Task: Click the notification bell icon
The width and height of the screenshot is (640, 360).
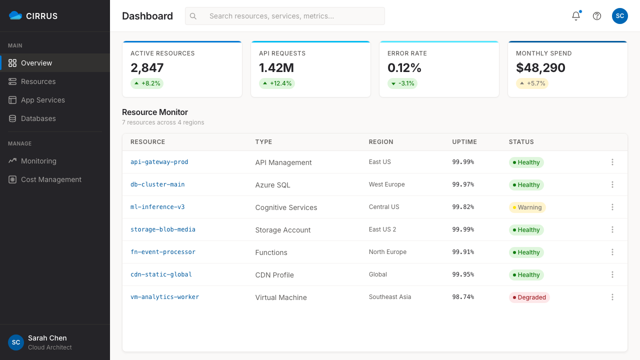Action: tap(576, 16)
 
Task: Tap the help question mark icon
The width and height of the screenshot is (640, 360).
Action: tap(597, 16)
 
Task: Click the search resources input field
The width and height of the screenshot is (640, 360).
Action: tap(285, 16)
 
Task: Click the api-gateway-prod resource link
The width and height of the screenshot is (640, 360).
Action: tap(159, 162)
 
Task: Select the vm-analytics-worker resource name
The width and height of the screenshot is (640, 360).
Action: tap(164, 297)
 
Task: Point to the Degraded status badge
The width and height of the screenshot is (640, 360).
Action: tap(529, 297)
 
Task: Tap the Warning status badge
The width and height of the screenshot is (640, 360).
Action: tap(527, 207)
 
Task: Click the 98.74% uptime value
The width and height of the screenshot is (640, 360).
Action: tap(463, 297)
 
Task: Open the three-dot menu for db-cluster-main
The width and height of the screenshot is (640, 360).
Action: tap(612, 184)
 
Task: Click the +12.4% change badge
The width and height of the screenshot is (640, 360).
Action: tap(277, 83)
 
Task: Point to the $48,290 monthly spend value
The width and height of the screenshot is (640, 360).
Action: tap(540, 67)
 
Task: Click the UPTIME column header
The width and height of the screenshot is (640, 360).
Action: tap(464, 142)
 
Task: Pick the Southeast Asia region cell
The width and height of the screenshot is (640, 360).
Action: tap(389, 297)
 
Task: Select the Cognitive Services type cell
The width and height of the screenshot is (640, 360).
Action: tap(286, 207)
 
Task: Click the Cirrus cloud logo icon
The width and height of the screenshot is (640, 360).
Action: tap(15, 15)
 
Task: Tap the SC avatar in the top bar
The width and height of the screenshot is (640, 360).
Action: tap(619, 16)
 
